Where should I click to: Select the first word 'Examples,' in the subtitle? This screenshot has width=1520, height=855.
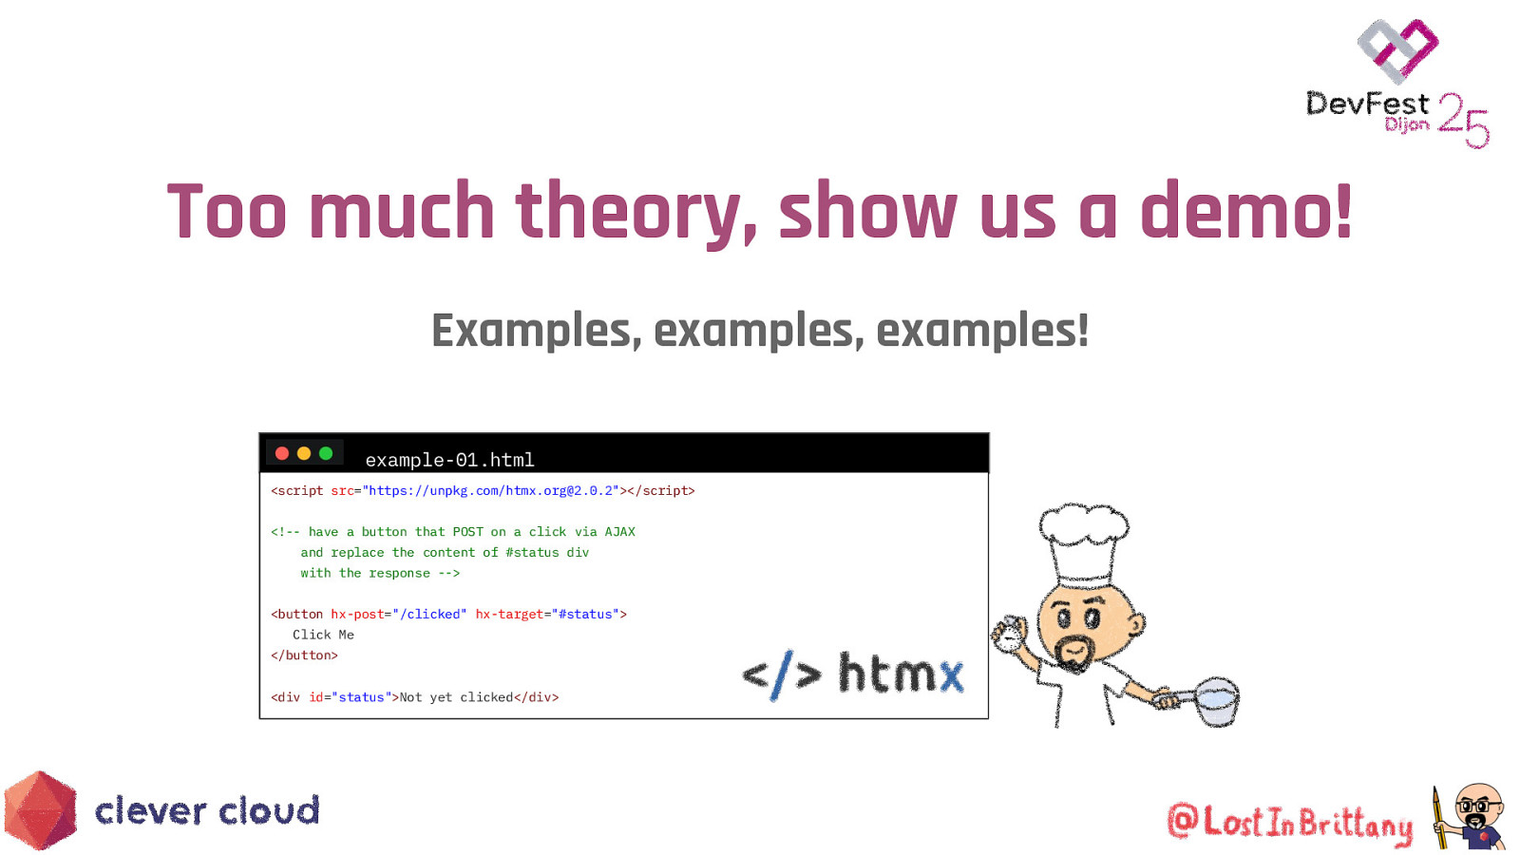click(536, 332)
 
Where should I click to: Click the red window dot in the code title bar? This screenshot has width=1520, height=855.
click(282, 453)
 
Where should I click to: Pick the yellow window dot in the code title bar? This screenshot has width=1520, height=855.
click(304, 453)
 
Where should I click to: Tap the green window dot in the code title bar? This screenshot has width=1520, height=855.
click(326, 453)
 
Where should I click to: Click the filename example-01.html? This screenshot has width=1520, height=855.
click(449, 460)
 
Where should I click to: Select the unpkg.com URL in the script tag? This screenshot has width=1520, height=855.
click(491, 490)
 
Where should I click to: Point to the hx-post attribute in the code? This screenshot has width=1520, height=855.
click(357, 614)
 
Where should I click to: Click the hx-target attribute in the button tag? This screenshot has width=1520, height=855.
click(509, 614)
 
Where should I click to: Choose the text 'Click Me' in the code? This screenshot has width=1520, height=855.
click(323, 635)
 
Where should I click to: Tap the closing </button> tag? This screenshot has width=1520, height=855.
click(304, 655)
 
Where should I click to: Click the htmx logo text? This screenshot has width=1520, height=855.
click(900, 674)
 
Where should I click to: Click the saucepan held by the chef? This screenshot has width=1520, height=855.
click(1215, 701)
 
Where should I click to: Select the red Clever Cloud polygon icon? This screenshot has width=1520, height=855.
click(40, 810)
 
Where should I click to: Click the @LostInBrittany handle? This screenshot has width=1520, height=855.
click(1289, 823)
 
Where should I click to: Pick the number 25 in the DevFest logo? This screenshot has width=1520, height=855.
click(1463, 120)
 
